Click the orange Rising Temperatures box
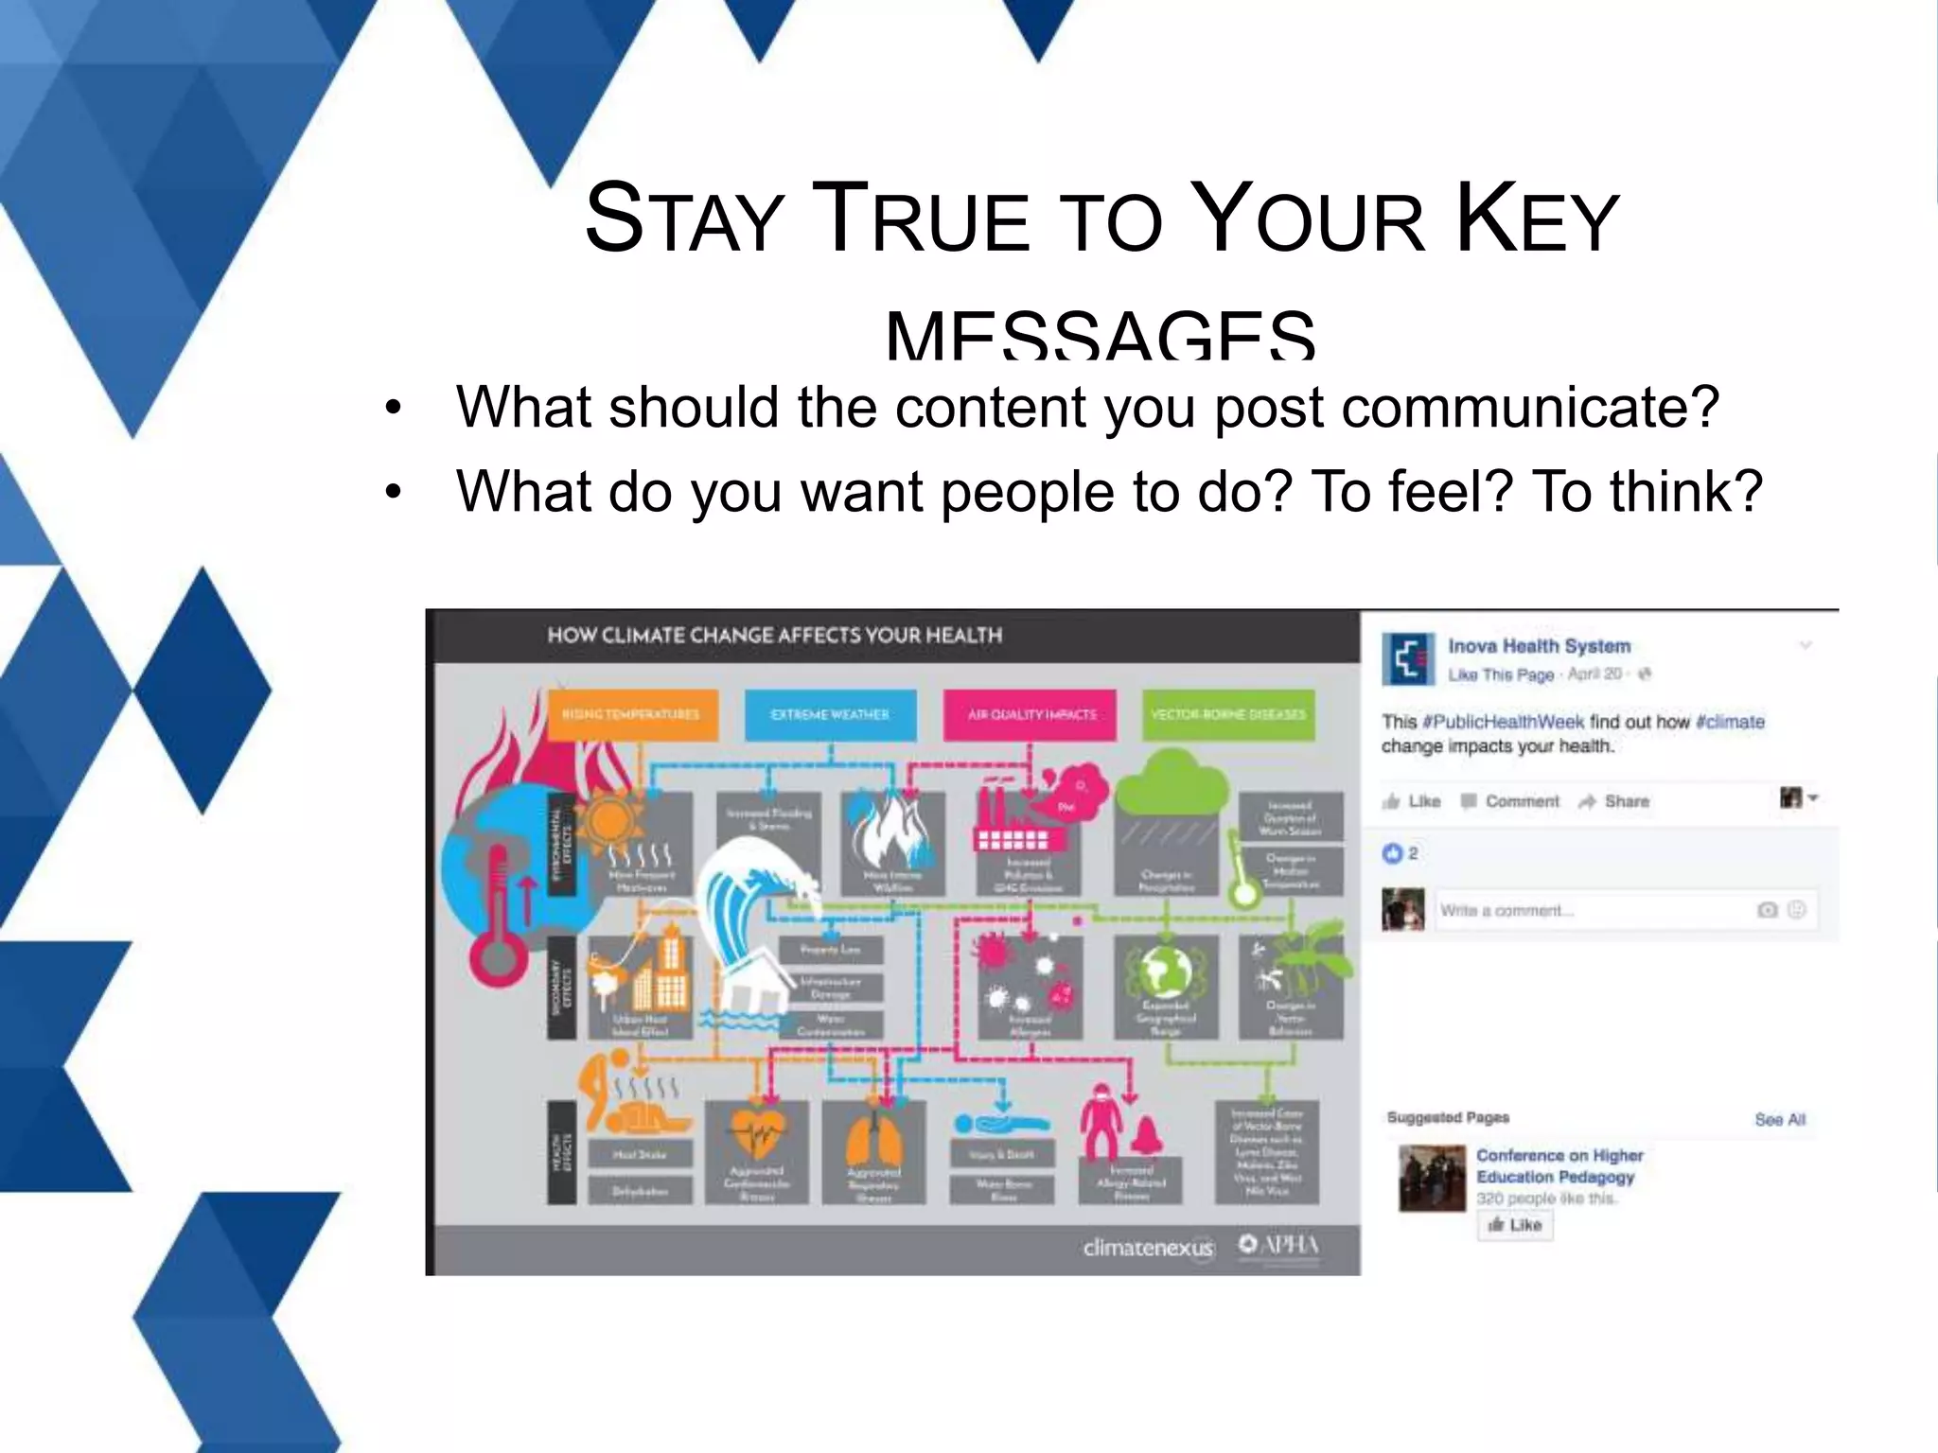point(632,714)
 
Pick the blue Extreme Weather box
point(830,714)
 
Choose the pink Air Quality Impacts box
point(1031,714)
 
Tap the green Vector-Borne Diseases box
point(1228,714)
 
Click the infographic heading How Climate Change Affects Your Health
point(774,636)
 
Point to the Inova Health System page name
point(1539,646)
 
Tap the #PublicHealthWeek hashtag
point(1503,722)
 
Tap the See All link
point(1780,1120)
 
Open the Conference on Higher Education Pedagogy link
point(1559,1166)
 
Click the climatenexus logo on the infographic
point(1148,1248)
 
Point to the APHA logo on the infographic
point(1279,1245)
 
